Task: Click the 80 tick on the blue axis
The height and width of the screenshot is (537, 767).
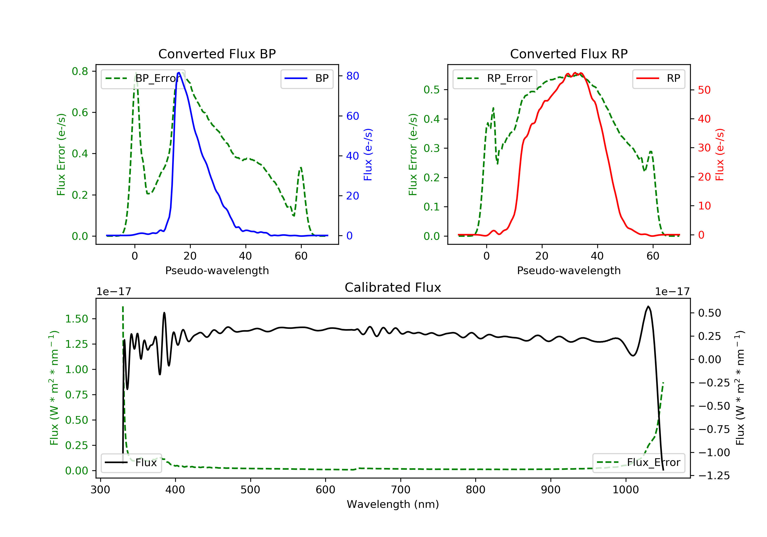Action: pos(352,76)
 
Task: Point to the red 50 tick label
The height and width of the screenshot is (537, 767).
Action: pos(704,90)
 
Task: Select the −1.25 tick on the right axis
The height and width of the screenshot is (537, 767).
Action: pos(714,476)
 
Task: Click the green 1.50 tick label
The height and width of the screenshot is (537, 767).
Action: pos(76,319)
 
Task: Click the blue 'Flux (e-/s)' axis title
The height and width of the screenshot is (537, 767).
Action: pos(368,155)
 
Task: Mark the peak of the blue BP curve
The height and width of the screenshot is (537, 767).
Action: pos(179,73)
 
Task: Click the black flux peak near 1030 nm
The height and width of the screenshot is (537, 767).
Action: pos(648,306)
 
